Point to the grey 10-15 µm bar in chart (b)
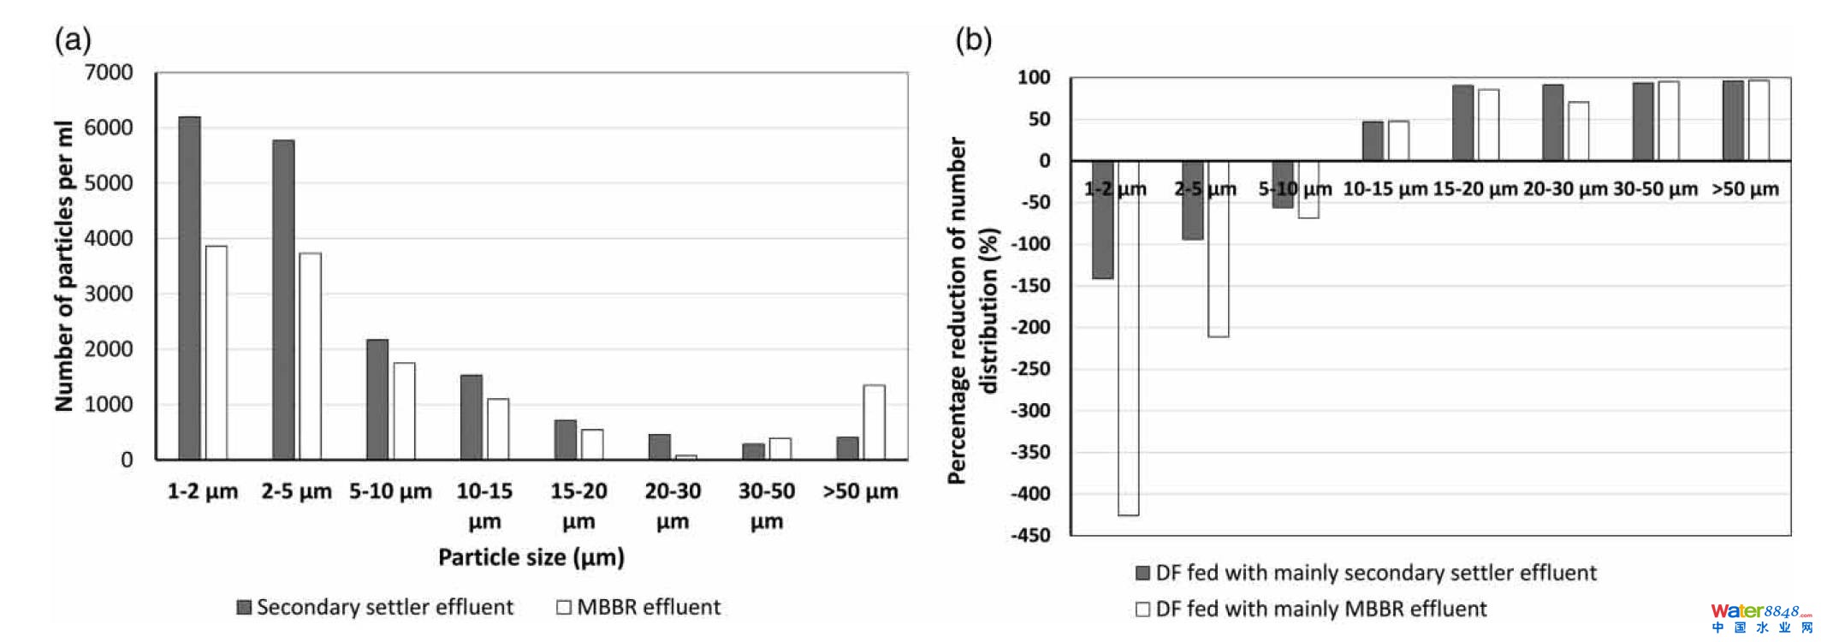pyautogui.click(x=1373, y=140)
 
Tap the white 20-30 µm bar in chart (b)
pyautogui.click(x=1578, y=131)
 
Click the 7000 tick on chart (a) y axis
pyautogui.click(x=109, y=73)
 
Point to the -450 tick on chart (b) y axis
pyautogui.click(x=1030, y=535)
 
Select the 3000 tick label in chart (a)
pyautogui.click(x=109, y=294)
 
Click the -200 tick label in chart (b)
pyautogui.click(x=1030, y=327)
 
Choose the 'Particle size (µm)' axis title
pyautogui.click(x=531, y=557)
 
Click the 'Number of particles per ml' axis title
pyautogui.click(x=64, y=265)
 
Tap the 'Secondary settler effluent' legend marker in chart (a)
pyautogui.click(x=244, y=607)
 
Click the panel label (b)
pyautogui.click(x=973, y=39)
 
